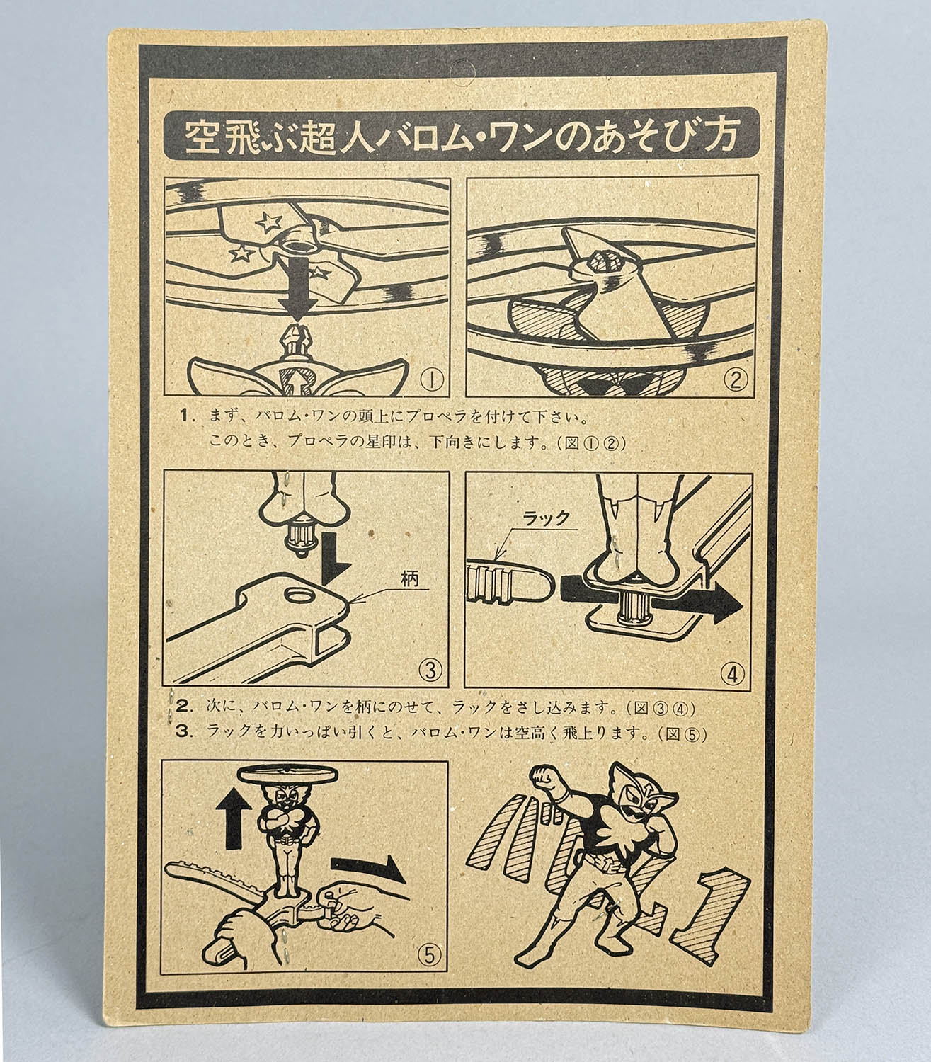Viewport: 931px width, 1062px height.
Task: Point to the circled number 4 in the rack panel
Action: pyautogui.click(x=732, y=673)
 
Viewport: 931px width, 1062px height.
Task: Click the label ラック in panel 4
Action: pyautogui.click(x=546, y=518)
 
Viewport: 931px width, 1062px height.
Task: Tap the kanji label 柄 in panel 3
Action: pyautogui.click(x=409, y=578)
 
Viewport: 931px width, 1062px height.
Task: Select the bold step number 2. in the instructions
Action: pyautogui.click(x=185, y=707)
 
